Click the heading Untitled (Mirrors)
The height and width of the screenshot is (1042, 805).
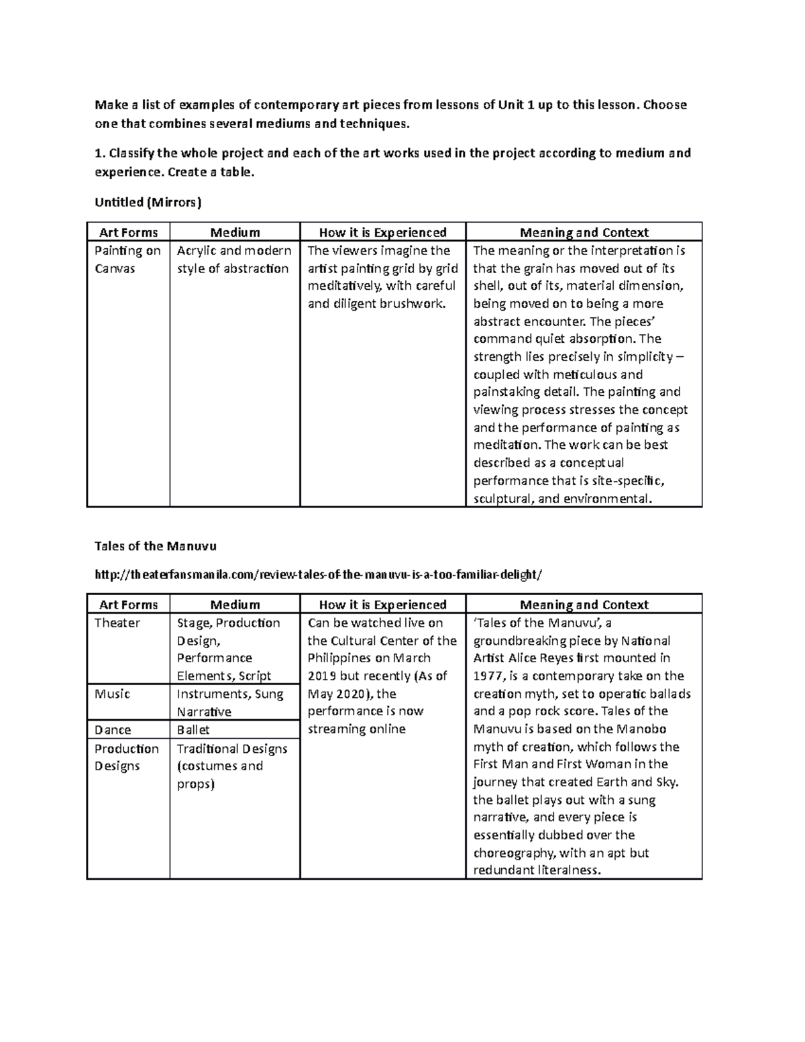coord(148,201)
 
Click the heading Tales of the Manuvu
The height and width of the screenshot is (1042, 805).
coord(156,545)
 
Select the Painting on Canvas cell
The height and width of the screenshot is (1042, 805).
coord(127,260)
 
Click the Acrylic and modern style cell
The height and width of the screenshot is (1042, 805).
coord(233,260)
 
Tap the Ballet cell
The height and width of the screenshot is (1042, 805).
coord(193,730)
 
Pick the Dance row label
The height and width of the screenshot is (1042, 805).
coord(113,730)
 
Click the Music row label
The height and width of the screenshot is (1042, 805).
coord(113,694)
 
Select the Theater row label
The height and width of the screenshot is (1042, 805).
coord(117,623)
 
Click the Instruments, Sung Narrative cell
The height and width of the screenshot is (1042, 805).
coord(229,702)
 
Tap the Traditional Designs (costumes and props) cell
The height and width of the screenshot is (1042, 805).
coord(231,766)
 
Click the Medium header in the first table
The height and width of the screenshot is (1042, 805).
coord(235,232)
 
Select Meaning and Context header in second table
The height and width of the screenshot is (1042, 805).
coord(584,605)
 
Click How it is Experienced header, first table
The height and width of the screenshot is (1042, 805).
coord(382,232)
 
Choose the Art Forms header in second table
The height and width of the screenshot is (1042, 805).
coord(128,605)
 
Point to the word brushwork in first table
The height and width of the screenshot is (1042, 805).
coord(413,303)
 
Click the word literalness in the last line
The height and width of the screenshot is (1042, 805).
coord(569,870)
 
